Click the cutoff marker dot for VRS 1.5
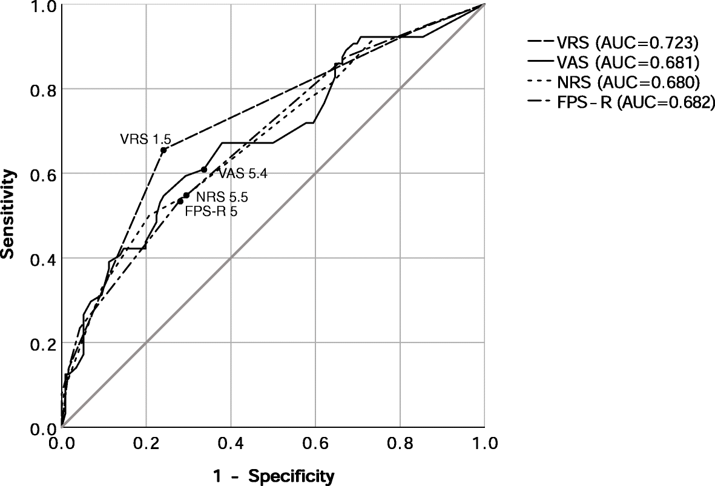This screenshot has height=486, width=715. [x=163, y=149]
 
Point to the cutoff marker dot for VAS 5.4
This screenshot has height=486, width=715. [x=204, y=169]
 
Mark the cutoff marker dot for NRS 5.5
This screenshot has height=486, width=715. [x=186, y=195]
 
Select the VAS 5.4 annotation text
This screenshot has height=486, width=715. [x=243, y=174]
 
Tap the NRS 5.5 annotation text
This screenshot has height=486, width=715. [x=222, y=197]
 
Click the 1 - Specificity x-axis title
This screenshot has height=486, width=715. [x=273, y=476]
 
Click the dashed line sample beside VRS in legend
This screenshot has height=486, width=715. [x=545, y=43]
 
